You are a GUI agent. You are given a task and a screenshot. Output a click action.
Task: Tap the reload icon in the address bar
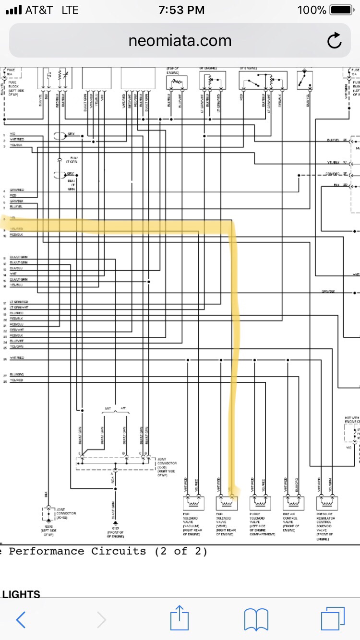coord(334,41)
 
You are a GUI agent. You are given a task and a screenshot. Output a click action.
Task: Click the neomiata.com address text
coord(180,41)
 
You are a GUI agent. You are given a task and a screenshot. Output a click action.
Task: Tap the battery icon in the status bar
coord(341,10)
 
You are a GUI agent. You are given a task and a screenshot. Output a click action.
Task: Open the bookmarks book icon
coord(256,620)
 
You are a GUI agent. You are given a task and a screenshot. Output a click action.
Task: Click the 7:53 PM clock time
coord(181,10)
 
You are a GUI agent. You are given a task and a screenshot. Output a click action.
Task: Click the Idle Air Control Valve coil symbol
coord(292,503)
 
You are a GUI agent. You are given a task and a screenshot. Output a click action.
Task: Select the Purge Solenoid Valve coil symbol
coord(259,503)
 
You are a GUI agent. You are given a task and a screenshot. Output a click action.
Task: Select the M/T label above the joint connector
coord(108,408)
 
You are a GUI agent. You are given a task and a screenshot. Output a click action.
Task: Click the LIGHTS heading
coord(21,594)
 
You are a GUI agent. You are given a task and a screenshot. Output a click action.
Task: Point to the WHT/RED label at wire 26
coord(17,358)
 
